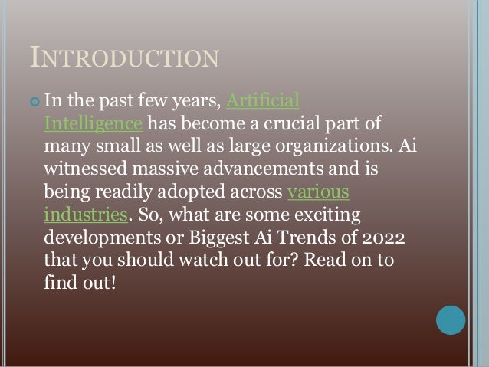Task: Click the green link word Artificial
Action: (x=263, y=100)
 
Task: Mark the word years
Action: (x=190, y=101)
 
